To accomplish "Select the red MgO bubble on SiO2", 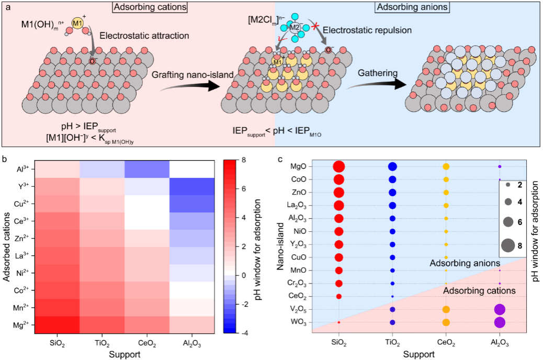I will click(339, 167).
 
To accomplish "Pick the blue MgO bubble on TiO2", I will click(392, 167).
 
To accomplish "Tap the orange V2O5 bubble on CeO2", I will click(446, 309).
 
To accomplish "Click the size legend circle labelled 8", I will click(507, 243).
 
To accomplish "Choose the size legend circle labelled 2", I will click(507, 186).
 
